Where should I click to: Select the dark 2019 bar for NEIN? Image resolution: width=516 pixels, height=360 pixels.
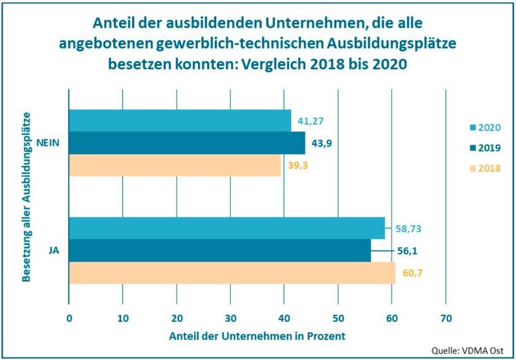coord(186,143)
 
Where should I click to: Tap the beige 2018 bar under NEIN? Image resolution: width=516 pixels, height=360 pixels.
coord(174,165)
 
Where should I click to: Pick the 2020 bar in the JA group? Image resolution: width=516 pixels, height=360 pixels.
coord(226,228)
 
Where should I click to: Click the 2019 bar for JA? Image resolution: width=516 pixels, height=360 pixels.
coord(219,250)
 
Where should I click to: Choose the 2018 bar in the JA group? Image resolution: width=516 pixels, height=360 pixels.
coord(232,273)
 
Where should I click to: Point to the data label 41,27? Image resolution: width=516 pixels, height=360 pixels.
coord(310,121)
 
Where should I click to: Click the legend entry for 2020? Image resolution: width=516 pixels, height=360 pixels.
coord(486,127)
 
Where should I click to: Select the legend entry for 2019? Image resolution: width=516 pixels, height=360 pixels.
coord(486,147)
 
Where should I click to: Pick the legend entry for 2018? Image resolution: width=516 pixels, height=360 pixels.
coord(486,168)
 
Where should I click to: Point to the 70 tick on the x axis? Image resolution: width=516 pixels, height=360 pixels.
coord(445,318)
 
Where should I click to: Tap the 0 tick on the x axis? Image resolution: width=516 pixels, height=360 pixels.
coord(69,318)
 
